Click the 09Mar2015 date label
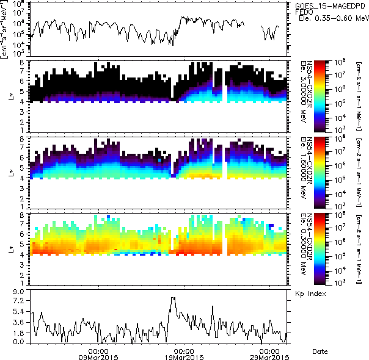99,358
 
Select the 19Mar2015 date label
184,358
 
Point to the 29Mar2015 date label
269,358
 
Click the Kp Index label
310,293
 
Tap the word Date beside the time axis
320,352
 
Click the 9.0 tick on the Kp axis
19,292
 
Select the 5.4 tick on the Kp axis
19,312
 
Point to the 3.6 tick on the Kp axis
19,322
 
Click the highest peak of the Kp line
173,298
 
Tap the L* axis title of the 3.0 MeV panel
12,96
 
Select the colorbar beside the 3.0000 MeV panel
324,96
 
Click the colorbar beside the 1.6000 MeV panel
324,173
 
